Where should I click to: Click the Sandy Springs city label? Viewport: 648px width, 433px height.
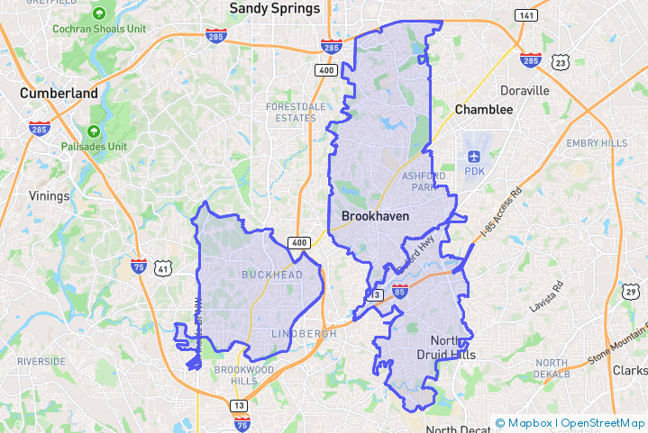[275, 8]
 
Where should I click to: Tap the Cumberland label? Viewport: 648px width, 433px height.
[59, 93]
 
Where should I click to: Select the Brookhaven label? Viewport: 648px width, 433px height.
[375, 216]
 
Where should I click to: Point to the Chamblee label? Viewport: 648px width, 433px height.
[484, 110]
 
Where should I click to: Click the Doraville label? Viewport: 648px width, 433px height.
[525, 91]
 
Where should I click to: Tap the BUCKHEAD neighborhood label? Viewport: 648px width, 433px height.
[271, 274]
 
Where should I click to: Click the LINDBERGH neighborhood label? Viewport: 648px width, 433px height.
[304, 333]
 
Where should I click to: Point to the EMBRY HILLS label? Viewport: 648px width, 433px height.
[596, 143]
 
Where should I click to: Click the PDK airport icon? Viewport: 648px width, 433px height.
[474, 154]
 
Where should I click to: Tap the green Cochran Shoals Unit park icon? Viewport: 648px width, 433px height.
[98, 14]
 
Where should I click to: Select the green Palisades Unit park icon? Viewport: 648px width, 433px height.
[94, 131]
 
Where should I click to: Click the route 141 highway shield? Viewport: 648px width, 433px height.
[526, 15]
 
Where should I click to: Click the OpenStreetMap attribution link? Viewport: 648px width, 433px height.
[603, 423]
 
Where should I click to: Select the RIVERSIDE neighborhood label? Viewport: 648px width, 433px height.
[41, 361]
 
